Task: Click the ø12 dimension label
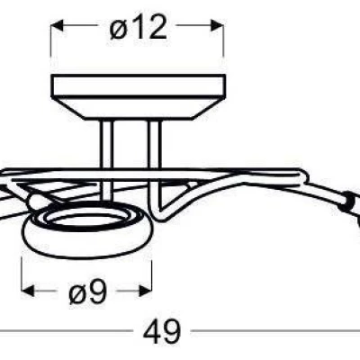coord(139,28)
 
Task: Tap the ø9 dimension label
coord(88,292)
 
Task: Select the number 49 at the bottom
coord(162,331)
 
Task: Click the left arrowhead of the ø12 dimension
coord(57,25)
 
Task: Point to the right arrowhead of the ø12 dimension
coord(217,25)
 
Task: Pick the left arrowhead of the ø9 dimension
coord(28,291)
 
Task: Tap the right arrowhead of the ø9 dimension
coord(145,291)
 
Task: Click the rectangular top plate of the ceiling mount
coord(138,86)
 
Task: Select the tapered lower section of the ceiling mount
coord(138,109)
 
